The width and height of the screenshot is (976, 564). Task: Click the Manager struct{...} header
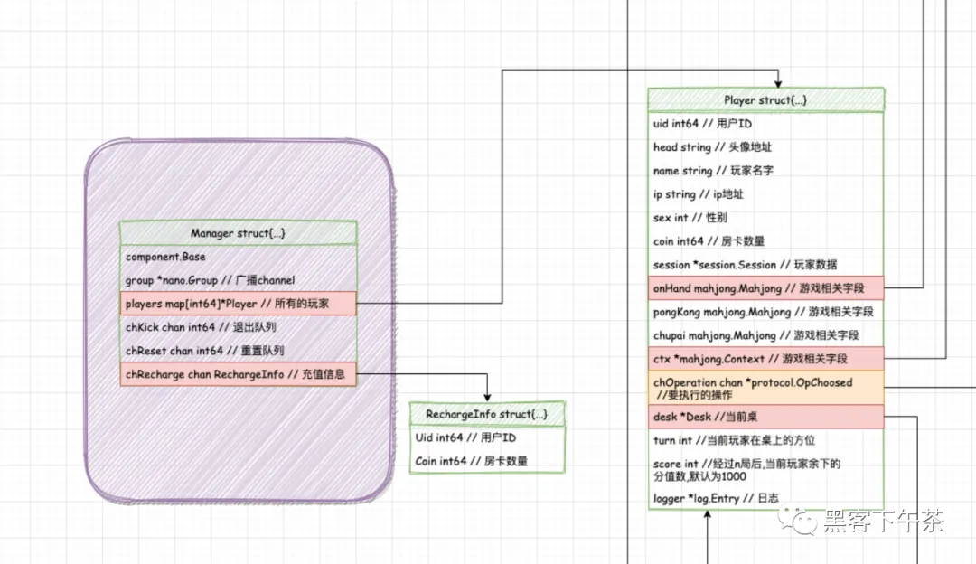click(x=238, y=233)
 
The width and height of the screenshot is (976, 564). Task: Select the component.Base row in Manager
click(x=238, y=257)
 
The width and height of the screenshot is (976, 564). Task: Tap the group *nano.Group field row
click(x=238, y=280)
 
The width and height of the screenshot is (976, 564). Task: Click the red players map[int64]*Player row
click(x=238, y=304)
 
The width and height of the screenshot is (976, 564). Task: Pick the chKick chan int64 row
click(x=238, y=327)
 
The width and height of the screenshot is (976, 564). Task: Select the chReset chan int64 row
click(x=238, y=351)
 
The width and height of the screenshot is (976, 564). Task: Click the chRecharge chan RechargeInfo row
click(x=238, y=374)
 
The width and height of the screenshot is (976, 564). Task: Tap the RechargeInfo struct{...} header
click(x=487, y=414)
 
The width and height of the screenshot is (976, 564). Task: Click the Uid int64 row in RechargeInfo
click(x=487, y=437)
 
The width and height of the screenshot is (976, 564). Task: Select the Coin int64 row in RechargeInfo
click(x=487, y=461)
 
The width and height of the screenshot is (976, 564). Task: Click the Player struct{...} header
click(x=765, y=100)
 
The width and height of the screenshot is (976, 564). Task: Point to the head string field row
click(x=765, y=147)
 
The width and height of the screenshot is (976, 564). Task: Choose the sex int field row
click(x=765, y=218)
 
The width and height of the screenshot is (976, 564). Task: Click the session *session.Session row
click(x=765, y=265)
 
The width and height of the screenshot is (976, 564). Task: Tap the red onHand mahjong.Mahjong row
click(x=765, y=288)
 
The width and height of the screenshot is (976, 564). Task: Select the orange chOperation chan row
click(x=765, y=388)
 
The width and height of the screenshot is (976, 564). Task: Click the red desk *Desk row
click(x=765, y=417)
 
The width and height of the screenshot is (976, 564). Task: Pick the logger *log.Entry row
click(x=765, y=498)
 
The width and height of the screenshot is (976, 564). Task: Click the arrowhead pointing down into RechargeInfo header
click(x=487, y=397)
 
